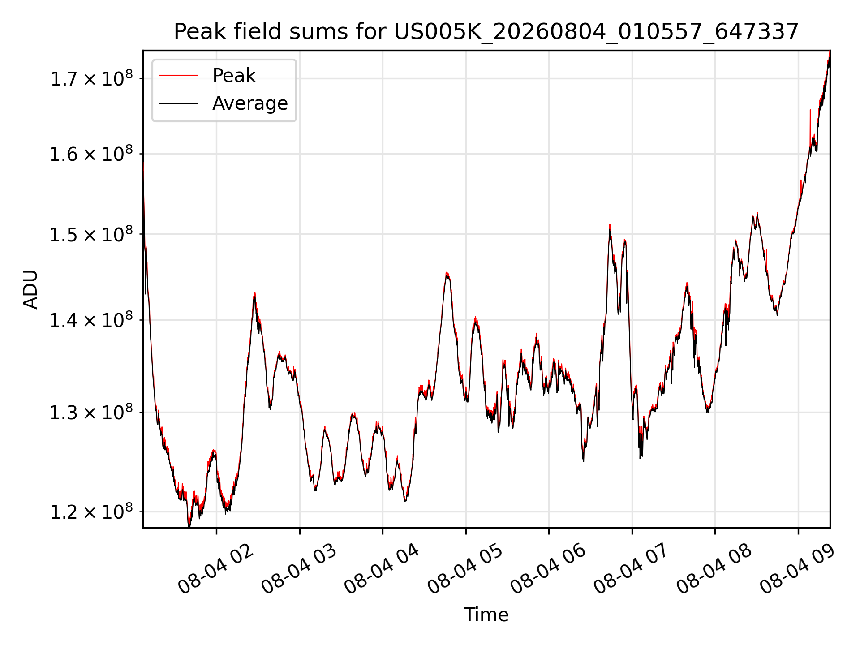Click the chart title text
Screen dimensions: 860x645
click(x=486, y=32)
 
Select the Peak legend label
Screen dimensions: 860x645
click(x=234, y=76)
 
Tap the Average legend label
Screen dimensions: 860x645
click(x=250, y=103)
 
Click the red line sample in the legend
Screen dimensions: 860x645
click(x=178, y=76)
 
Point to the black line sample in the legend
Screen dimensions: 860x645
click(x=178, y=103)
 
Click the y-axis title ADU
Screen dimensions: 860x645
click(x=30, y=289)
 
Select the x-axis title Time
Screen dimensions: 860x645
click(x=486, y=615)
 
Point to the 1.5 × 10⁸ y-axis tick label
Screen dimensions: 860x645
click(x=91, y=233)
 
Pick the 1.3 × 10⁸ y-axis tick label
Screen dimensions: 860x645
click(x=91, y=412)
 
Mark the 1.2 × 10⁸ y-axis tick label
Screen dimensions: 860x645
click(x=91, y=511)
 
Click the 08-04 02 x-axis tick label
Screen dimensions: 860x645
click(x=215, y=569)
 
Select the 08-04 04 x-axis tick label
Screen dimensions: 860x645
click(x=382, y=569)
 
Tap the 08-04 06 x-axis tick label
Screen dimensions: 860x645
click(x=548, y=569)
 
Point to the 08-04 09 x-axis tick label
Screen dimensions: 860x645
click(x=797, y=569)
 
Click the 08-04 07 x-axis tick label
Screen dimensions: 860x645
click(x=631, y=569)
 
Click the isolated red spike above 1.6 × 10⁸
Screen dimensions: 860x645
click(x=810, y=123)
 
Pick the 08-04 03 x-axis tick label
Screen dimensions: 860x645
click(x=299, y=569)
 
